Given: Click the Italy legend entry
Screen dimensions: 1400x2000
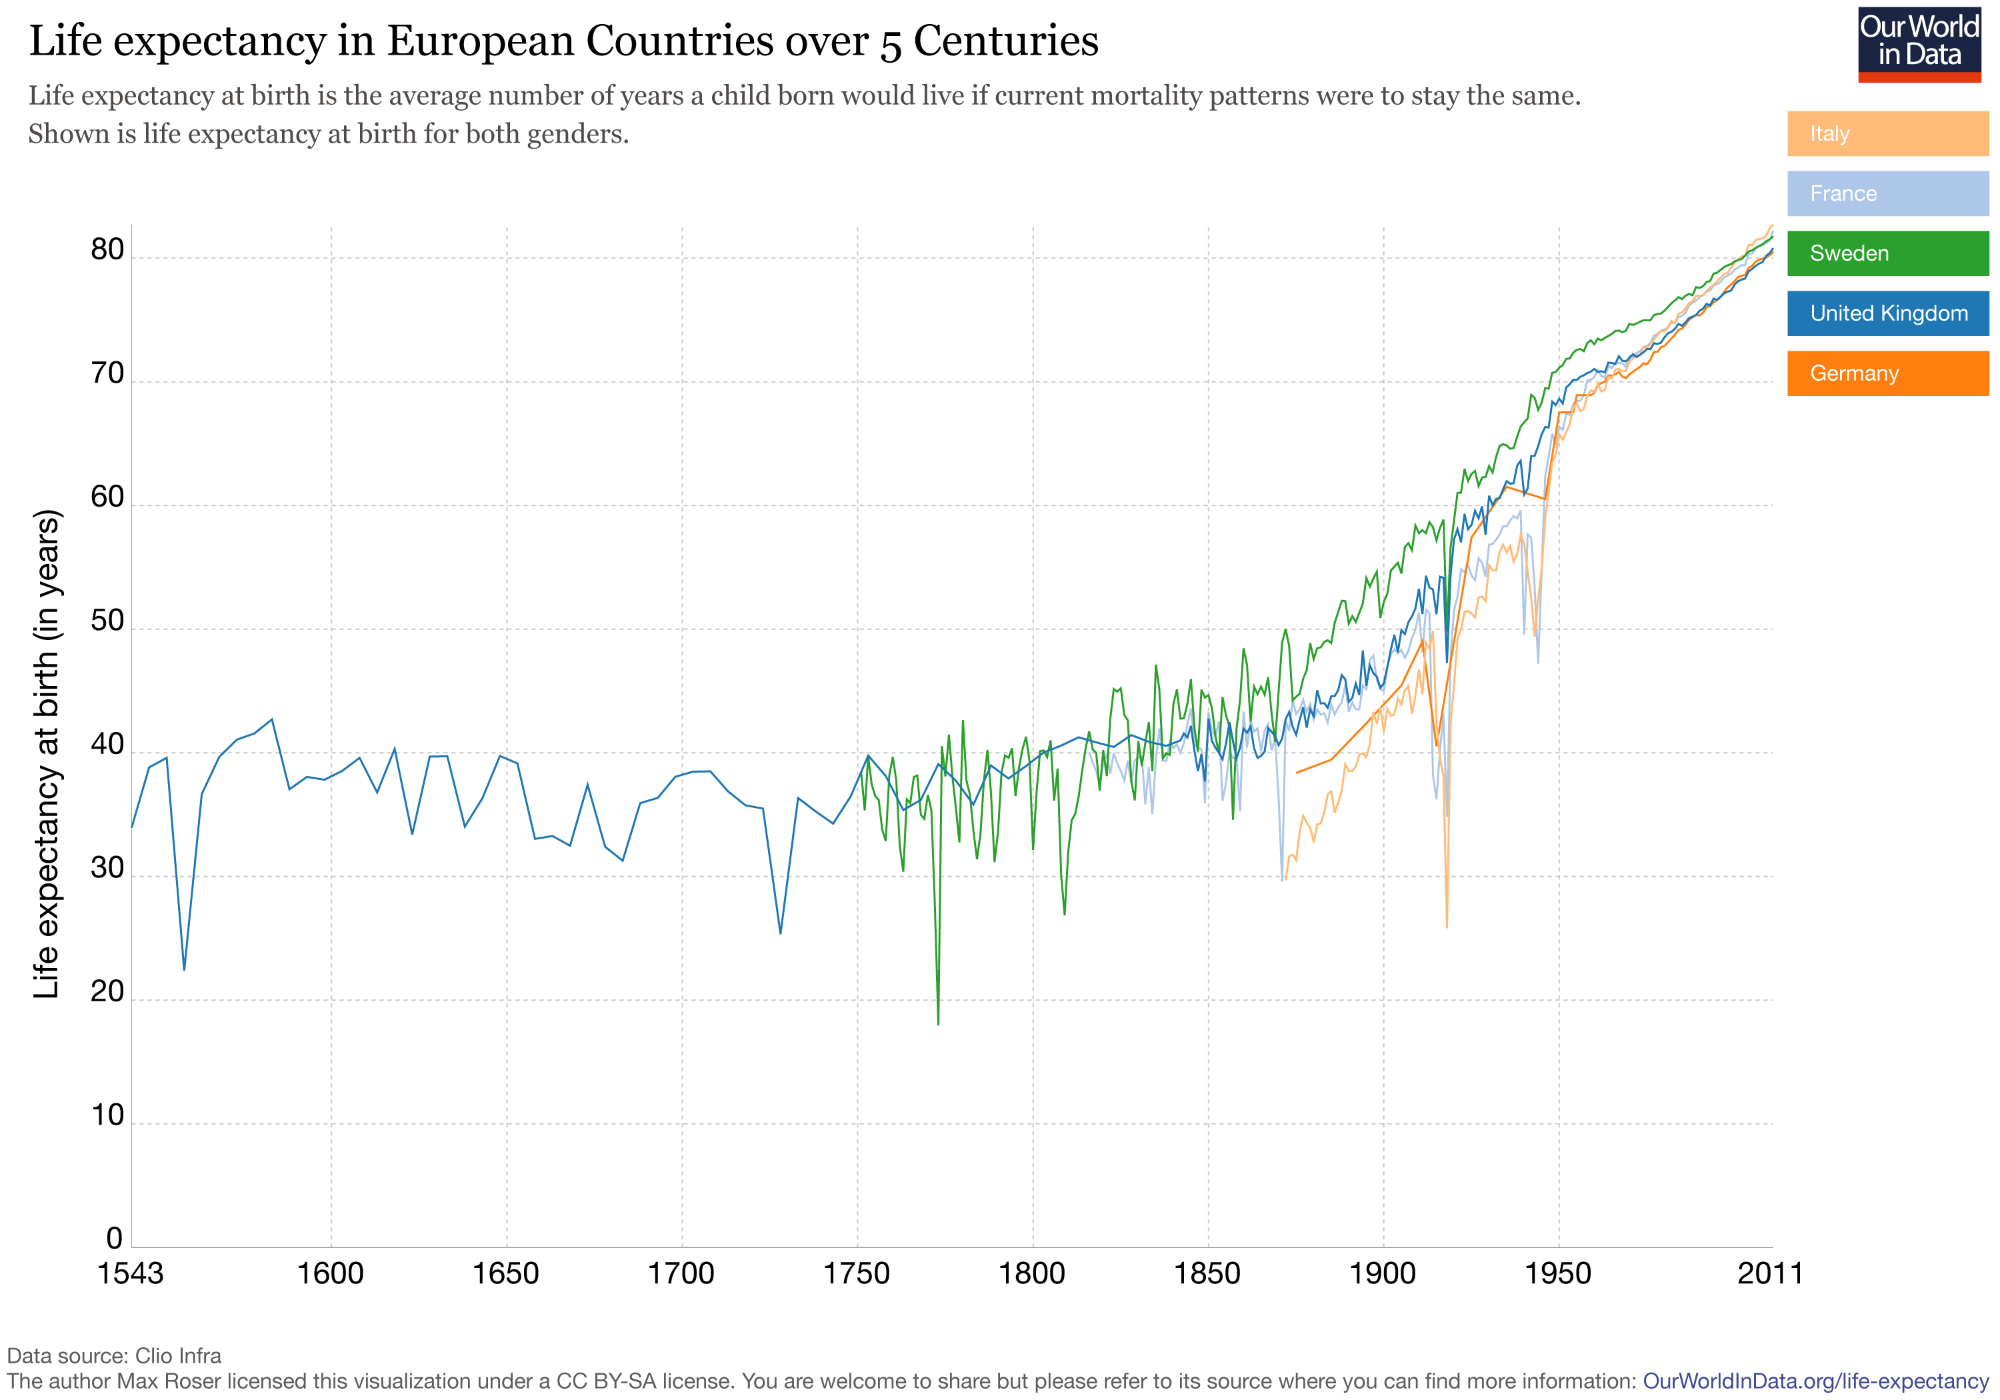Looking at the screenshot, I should click(1887, 133).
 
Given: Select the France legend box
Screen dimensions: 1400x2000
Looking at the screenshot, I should click(1887, 193).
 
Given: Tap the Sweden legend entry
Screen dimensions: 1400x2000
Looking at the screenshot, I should click(1887, 253).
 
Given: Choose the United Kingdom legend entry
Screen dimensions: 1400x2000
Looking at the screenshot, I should click(1887, 313).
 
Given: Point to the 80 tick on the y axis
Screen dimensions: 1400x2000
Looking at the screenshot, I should click(108, 250).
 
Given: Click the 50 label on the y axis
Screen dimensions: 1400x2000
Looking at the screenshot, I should click(108, 621).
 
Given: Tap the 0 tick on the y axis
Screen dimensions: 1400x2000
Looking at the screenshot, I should click(114, 1238).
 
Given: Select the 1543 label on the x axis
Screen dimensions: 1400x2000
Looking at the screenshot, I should click(131, 1274).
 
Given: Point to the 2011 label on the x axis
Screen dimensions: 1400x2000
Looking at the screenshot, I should click(1769, 1274).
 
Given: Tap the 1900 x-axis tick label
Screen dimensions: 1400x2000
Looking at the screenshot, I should click(1383, 1274).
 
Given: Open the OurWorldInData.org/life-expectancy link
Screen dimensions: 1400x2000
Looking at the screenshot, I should click(1815, 1381).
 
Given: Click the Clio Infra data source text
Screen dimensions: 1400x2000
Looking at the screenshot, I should click(178, 1355).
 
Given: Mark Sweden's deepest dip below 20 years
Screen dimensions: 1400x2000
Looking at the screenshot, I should click(938, 1023).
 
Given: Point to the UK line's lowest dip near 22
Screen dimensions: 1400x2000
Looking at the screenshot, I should click(184, 969).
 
